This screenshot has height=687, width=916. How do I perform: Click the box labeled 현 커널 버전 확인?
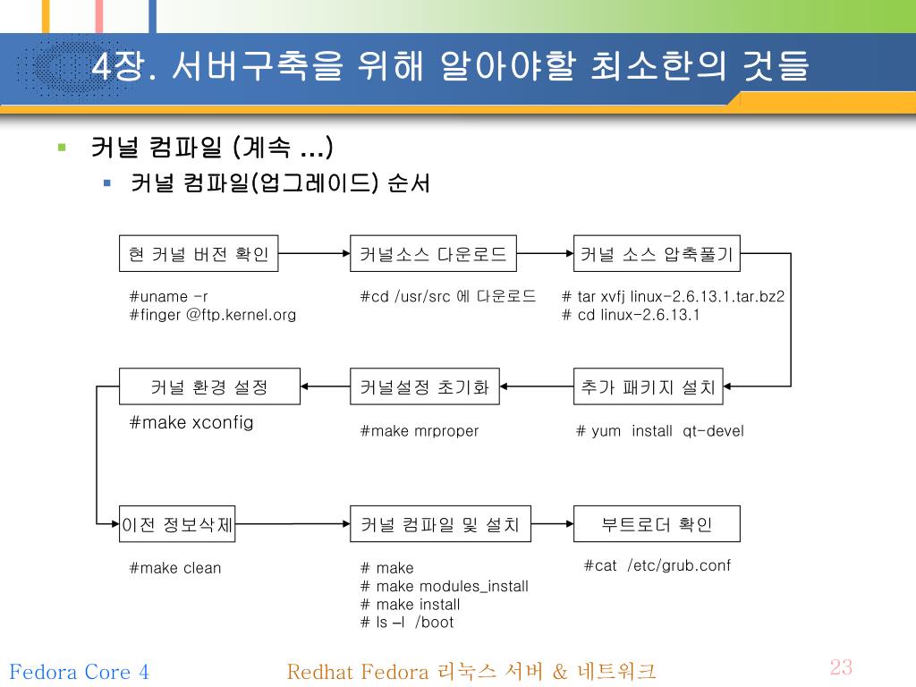coord(199,254)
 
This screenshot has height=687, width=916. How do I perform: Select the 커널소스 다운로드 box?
coord(433,254)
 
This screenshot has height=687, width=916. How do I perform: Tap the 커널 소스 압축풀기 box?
coord(657,254)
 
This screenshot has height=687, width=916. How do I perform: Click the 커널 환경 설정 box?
coord(209,387)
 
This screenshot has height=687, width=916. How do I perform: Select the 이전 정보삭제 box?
coord(177,525)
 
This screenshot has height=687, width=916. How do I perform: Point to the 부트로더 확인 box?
coord(657,524)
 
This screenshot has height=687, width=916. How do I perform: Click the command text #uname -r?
coord(168,296)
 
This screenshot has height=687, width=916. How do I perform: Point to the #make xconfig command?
coord(191,422)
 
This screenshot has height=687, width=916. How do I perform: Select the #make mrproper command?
coord(419,431)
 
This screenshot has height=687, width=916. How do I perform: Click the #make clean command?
coord(175,568)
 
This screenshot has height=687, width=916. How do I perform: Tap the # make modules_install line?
coord(444,586)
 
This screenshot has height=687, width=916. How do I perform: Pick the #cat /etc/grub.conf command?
coord(657,565)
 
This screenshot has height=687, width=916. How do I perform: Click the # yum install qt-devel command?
coord(659,431)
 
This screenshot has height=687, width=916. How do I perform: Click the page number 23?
coord(841,667)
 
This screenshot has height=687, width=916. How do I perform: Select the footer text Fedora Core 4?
coord(79,672)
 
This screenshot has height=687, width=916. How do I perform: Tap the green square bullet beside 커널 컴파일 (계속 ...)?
coord(62,148)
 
